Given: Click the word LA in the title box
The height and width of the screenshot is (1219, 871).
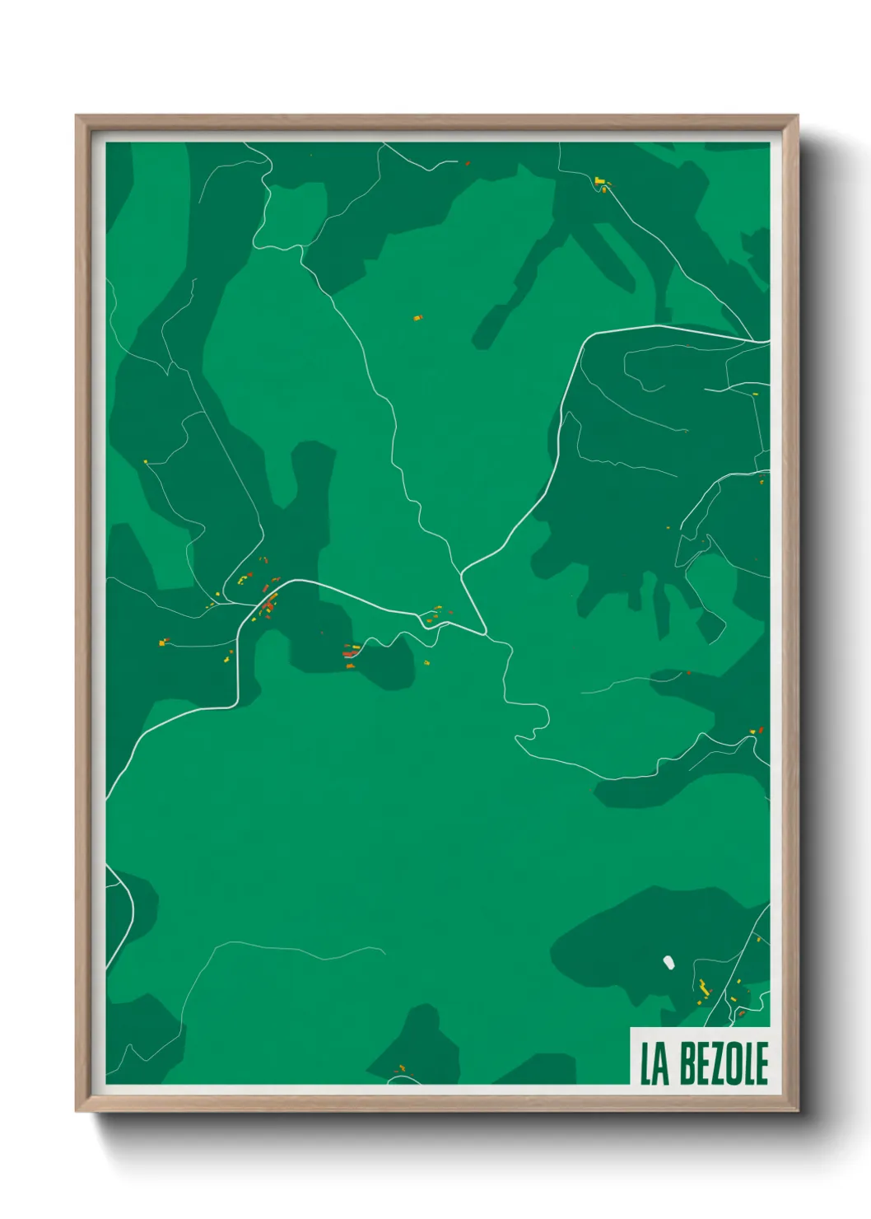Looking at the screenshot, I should click(654, 1063).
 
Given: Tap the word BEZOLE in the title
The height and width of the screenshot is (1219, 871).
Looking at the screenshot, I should click(724, 1063).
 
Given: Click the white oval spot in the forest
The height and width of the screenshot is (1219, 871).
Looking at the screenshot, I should click(668, 961).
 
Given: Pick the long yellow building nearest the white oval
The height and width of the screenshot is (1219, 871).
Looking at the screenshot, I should click(704, 986).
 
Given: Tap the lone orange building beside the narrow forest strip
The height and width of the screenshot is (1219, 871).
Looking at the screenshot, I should click(418, 317).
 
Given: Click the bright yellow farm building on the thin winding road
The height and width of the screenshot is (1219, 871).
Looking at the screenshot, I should click(600, 180).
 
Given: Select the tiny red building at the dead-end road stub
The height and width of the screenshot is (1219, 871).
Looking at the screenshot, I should click(467, 164).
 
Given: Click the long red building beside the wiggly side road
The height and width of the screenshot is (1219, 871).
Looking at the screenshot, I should click(352, 652).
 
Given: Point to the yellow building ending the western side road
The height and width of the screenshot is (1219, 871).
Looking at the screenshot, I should click(162, 642).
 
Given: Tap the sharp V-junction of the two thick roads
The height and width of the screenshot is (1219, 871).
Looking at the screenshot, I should click(485, 634).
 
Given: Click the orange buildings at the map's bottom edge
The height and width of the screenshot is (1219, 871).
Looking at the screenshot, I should click(401, 1069).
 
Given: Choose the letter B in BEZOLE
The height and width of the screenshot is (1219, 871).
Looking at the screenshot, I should click(688, 1063).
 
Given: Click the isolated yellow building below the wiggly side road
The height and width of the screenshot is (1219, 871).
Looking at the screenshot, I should click(426, 663).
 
